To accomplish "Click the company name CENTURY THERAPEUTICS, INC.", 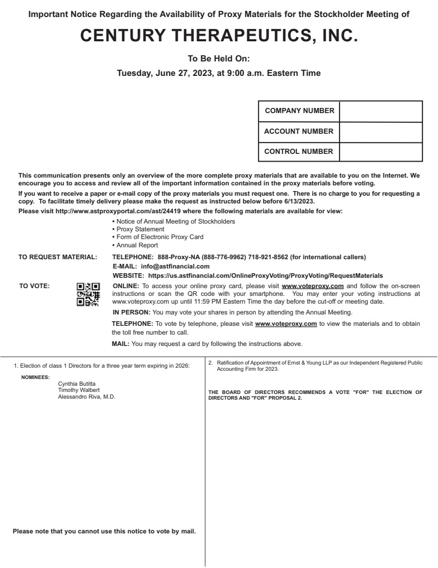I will click(219, 36).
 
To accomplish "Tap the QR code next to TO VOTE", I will click(88, 294).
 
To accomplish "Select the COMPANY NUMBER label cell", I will click(299, 111).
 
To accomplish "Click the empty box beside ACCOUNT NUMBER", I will click(381, 132).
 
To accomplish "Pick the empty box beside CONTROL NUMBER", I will click(381, 152).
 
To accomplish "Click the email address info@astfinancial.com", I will click(168, 266).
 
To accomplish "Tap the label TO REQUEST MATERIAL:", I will click(58, 257).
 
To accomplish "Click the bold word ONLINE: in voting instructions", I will click(126, 286).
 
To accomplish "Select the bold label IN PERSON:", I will click(132, 312).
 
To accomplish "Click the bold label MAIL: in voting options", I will click(121, 344).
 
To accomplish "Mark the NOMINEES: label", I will click(36, 377).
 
